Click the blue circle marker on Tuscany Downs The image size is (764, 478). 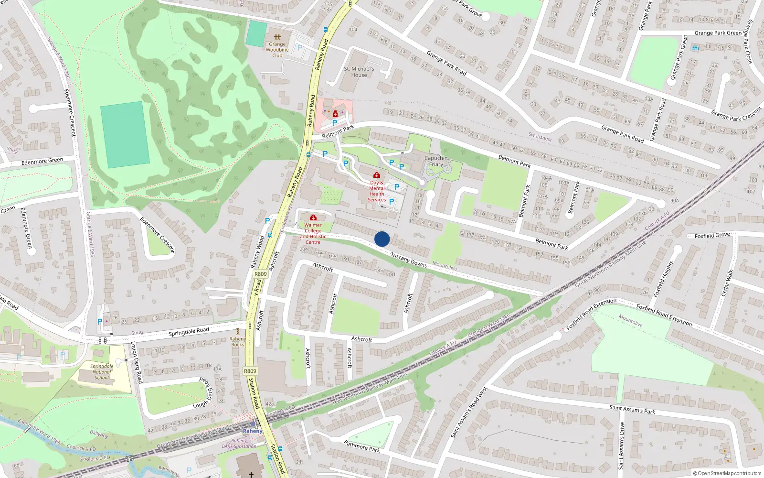tap(382, 239)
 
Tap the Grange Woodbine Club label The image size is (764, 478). tap(277, 50)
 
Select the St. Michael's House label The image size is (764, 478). tap(359, 72)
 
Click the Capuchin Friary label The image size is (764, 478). tap(436, 161)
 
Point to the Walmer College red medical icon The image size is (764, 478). tap(313, 218)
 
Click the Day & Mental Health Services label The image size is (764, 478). tap(377, 191)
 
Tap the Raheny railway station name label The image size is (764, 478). tap(253, 431)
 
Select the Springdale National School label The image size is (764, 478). tap(102, 372)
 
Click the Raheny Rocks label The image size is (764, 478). tap(237, 341)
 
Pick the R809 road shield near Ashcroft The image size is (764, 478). tap(260, 274)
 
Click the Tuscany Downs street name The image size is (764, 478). tap(409, 260)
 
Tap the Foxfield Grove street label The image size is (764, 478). tap(712, 235)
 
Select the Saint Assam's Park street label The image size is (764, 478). tap(632, 409)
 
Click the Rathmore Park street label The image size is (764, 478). tap(362, 446)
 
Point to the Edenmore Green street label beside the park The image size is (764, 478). tap(42, 162)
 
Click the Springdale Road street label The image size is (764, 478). tap(189, 332)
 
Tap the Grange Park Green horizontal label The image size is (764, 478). tap(718, 33)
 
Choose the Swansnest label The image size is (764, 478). tap(540, 137)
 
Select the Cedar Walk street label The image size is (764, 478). tap(727, 282)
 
